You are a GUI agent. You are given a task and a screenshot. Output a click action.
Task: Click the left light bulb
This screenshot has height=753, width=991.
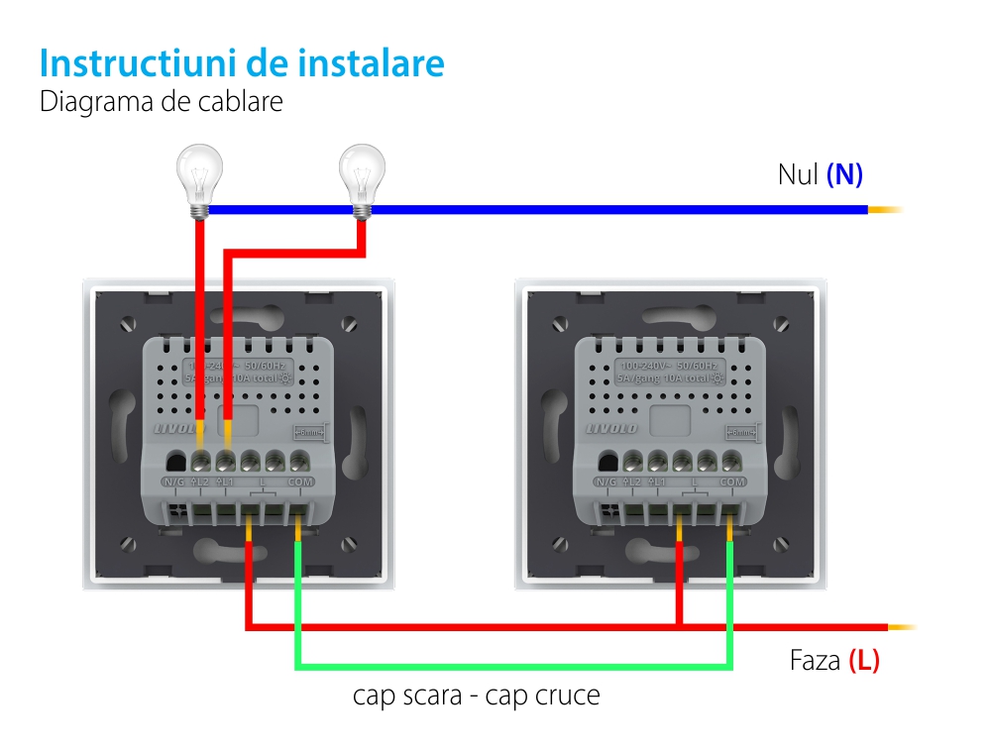[x=199, y=176]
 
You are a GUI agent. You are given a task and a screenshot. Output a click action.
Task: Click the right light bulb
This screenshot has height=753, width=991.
[x=362, y=176]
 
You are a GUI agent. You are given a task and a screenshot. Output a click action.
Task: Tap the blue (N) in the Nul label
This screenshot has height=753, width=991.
[x=844, y=175]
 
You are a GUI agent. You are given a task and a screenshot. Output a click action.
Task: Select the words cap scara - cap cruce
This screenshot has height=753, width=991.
[x=476, y=696]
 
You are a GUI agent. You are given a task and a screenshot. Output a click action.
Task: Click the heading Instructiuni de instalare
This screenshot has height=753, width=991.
[x=242, y=63]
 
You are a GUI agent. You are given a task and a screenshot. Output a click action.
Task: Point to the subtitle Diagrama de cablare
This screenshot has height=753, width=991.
[x=161, y=102]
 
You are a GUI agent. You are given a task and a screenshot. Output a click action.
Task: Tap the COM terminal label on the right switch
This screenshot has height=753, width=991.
[x=732, y=482]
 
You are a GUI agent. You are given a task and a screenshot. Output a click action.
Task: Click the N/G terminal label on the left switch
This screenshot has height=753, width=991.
[x=174, y=482]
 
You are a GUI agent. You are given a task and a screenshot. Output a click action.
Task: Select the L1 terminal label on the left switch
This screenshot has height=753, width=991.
[x=225, y=482]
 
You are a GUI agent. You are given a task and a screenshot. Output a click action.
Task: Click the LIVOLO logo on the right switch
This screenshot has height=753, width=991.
[x=611, y=428]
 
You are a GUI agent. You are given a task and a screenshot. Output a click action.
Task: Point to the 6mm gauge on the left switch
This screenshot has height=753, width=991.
[x=308, y=432]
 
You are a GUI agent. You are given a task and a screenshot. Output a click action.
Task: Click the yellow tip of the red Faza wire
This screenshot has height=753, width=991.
[x=902, y=627]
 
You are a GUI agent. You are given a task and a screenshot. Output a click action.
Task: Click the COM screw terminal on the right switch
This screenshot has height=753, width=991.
[x=731, y=461]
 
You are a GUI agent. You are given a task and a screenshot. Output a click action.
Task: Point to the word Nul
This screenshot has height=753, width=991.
[x=798, y=175]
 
